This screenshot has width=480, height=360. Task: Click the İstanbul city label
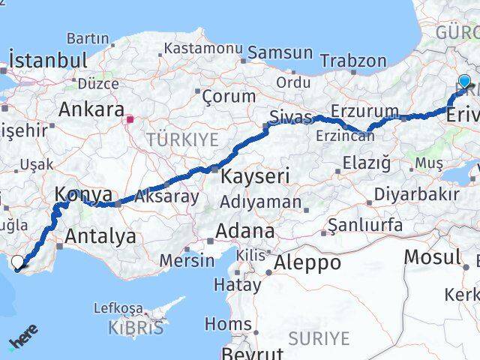(x=48, y=59)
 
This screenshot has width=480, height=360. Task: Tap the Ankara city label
(x=91, y=109)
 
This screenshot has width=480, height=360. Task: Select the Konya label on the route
(x=82, y=195)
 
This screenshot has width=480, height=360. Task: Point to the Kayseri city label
(x=254, y=177)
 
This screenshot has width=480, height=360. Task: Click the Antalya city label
(x=100, y=237)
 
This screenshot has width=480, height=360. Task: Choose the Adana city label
(x=245, y=230)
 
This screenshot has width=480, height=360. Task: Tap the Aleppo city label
(x=307, y=262)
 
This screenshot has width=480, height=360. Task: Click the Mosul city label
(x=432, y=256)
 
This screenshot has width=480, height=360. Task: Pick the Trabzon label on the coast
(x=355, y=62)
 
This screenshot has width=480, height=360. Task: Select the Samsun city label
(x=280, y=52)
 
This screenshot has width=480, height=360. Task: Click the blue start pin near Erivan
(x=464, y=82)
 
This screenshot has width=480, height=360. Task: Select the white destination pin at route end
(x=17, y=262)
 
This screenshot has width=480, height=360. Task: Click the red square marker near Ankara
(x=130, y=118)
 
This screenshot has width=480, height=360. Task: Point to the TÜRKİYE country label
(x=182, y=139)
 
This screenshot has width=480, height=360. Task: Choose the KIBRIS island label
(x=135, y=327)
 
